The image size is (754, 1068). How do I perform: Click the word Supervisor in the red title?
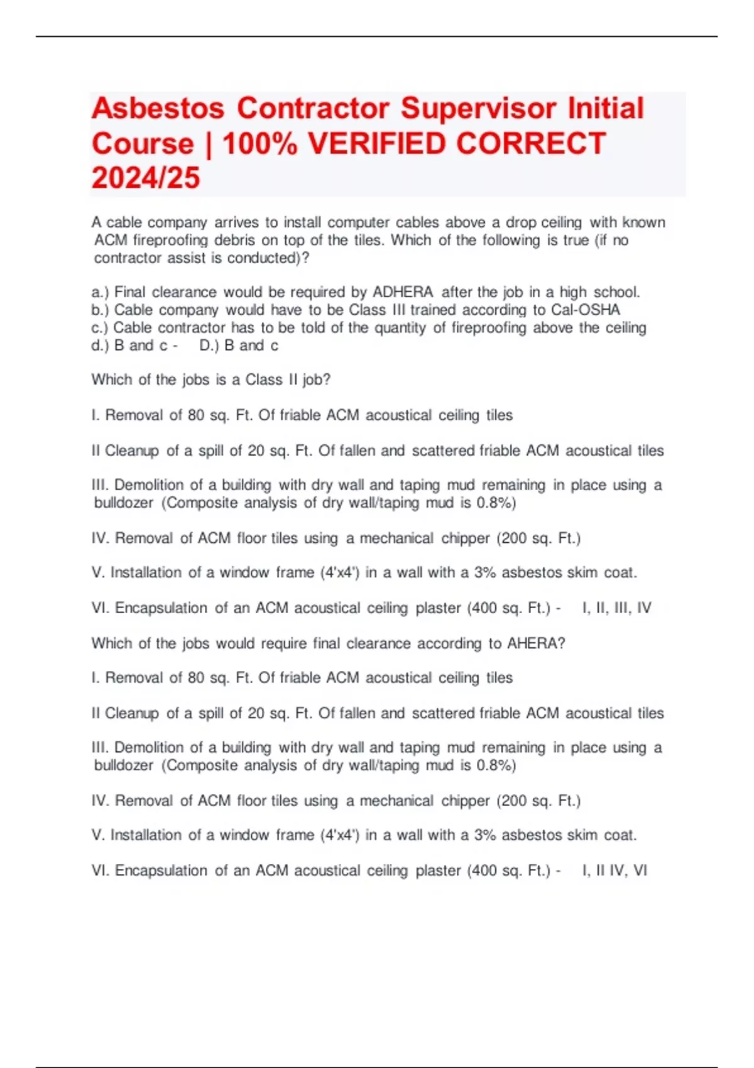coord(479,108)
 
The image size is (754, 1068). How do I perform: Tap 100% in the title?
coord(260,143)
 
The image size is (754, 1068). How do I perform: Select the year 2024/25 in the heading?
coord(146,178)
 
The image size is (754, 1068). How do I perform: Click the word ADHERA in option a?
coord(403,292)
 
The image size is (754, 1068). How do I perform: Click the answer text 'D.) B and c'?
coord(239,345)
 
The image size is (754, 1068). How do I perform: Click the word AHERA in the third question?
coord(533,643)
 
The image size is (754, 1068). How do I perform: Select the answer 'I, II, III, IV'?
coord(617,608)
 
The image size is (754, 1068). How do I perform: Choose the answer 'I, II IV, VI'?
coord(615,870)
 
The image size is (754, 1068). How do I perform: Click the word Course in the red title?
coord(143,143)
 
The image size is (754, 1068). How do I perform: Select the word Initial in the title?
coord(606,108)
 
